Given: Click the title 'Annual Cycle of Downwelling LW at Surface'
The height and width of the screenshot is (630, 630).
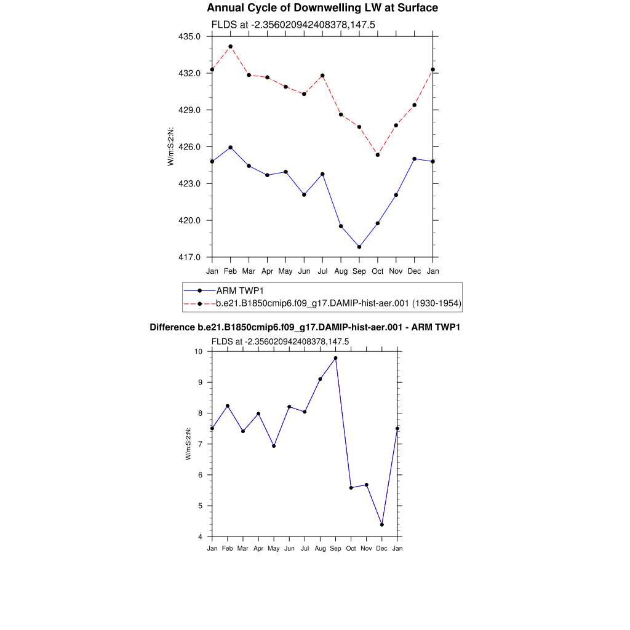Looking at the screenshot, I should pyautogui.click(x=322, y=8).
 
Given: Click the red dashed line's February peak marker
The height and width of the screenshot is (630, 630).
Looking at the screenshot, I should pyautogui.click(x=230, y=47).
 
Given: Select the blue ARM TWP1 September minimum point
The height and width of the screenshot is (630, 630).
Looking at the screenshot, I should pyautogui.click(x=359, y=247).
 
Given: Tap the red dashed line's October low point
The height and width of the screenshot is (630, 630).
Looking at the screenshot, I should pyautogui.click(x=378, y=154).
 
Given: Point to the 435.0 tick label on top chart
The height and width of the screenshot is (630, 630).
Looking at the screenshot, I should pyautogui.click(x=189, y=36).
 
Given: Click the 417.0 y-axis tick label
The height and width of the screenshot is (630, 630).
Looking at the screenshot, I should pyautogui.click(x=189, y=257).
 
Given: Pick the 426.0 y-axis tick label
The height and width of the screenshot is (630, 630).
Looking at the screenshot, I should pyautogui.click(x=189, y=147).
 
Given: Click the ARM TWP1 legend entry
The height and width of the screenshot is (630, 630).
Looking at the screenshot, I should pyautogui.click(x=244, y=290).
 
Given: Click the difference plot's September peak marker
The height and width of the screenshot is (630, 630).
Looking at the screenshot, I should pyautogui.click(x=335, y=358).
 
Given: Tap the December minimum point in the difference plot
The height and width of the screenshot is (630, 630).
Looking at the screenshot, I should pyautogui.click(x=382, y=525).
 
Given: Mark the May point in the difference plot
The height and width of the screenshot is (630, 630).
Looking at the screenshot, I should pyautogui.click(x=274, y=446).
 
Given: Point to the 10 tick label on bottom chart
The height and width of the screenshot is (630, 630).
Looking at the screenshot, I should pyautogui.click(x=199, y=351).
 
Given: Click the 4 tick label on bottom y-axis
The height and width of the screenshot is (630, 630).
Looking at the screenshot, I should pyautogui.click(x=201, y=537).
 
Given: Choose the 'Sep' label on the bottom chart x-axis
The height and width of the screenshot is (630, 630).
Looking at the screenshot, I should pyautogui.click(x=335, y=548).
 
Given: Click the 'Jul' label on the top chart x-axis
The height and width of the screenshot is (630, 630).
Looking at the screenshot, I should pyautogui.click(x=322, y=271).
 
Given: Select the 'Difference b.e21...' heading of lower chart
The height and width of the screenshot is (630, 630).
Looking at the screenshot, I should pyautogui.click(x=305, y=327).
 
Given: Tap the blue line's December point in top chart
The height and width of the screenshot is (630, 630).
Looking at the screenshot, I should pyautogui.click(x=415, y=159).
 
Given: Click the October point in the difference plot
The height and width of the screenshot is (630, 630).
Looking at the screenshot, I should pyautogui.click(x=351, y=488).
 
